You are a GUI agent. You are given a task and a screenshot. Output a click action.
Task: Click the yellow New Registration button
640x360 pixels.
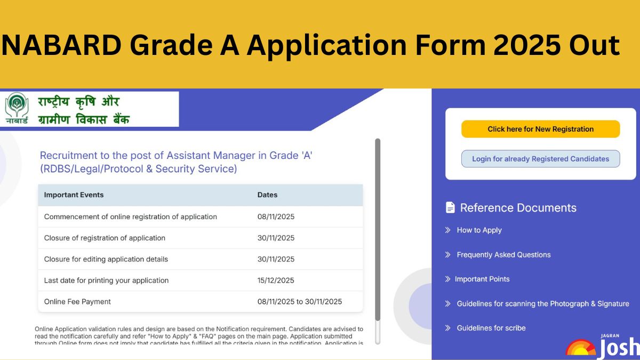(540, 129)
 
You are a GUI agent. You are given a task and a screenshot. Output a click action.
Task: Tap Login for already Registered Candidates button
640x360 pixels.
(540, 159)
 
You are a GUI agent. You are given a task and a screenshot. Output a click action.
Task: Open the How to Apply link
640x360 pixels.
(479, 230)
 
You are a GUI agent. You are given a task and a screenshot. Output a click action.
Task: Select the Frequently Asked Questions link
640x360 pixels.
(503, 255)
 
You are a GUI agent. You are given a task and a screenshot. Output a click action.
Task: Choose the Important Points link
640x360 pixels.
(482, 279)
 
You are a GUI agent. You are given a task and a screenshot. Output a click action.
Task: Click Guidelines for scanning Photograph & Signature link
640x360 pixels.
(542, 304)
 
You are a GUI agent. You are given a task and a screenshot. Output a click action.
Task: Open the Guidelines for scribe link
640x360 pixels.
(491, 329)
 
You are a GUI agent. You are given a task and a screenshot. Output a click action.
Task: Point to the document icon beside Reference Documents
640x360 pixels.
(451, 207)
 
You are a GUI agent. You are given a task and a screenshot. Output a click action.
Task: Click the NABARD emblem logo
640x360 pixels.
(17, 108)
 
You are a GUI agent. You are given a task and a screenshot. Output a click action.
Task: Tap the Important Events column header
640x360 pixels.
(74, 195)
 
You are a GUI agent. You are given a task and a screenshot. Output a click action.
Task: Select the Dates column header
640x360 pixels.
(267, 195)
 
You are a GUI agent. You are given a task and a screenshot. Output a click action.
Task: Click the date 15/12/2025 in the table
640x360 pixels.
(276, 281)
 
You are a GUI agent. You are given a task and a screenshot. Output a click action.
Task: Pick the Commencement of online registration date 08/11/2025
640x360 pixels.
(276, 217)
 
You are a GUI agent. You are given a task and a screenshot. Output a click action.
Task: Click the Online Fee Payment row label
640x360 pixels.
(77, 302)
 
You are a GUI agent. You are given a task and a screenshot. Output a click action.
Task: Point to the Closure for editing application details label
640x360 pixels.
(106, 259)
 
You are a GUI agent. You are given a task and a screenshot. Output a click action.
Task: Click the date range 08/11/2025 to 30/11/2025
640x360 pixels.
(299, 302)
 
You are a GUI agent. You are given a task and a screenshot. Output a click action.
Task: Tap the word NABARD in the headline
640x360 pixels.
(62, 45)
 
